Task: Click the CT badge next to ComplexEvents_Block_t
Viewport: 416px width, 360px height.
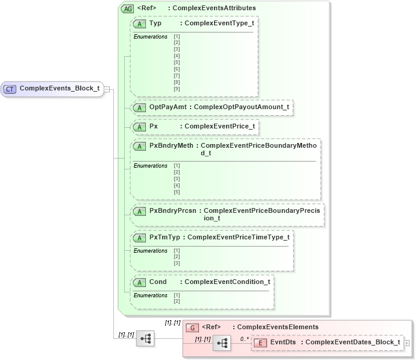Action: tap(10, 89)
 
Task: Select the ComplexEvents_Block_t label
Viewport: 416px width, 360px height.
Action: tap(59, 89)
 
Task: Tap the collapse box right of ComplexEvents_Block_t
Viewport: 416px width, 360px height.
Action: tap(107, 89)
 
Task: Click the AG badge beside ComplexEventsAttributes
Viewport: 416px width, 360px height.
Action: tap(127, 8)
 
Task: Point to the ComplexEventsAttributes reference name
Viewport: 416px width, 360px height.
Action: tap(212, 8)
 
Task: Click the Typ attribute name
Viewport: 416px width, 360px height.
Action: tap(156, 24)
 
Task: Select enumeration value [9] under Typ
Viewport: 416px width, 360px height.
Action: tap(177, 89)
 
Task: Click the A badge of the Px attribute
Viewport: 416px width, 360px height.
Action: tap(139, 127)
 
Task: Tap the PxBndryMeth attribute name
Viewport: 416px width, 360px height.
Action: tap(171, 146)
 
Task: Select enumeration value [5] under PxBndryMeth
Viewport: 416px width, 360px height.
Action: tap(177, 192)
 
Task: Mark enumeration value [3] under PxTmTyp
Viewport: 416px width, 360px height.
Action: tap(177, 264)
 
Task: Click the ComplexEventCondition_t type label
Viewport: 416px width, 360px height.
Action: tap(227, 282)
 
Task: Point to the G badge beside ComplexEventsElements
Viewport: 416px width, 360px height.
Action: tap(192, 327)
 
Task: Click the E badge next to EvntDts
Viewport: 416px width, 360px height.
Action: tap(259, 343)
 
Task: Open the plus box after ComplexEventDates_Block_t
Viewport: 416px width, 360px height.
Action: tap(406, 343)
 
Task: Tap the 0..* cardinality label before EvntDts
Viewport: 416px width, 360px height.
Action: tap(244, 339)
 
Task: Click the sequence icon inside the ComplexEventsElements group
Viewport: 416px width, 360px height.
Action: tap(222, 343)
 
